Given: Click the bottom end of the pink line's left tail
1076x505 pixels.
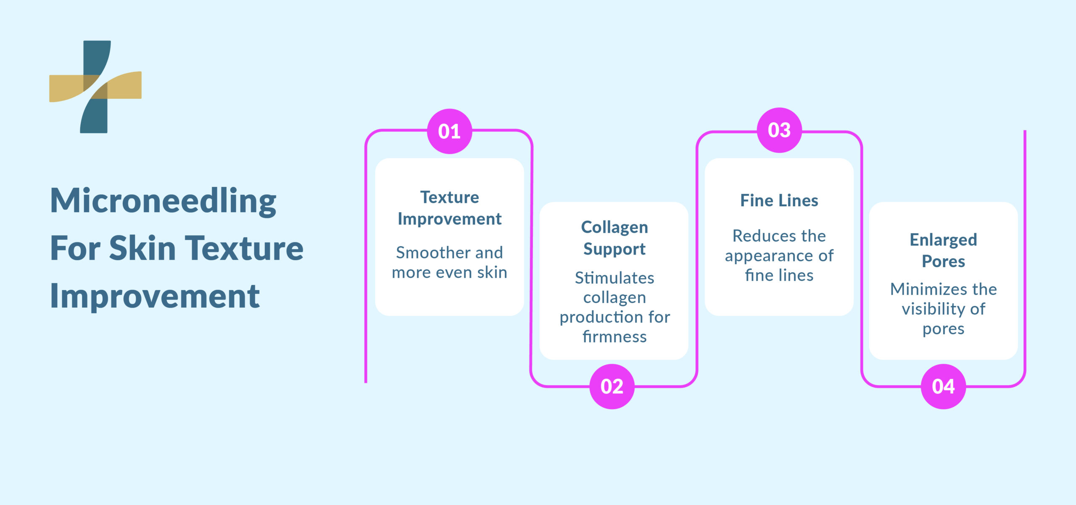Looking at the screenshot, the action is coord(366,382).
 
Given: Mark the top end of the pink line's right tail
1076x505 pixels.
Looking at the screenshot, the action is coord(1025,131).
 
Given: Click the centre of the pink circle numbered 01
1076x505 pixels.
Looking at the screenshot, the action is coord(449,131).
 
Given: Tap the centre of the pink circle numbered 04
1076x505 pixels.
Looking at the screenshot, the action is coord(943,386).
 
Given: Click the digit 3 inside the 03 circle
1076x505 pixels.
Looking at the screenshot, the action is coord(785,130).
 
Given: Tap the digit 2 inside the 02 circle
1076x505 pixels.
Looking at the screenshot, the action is coord(618,387).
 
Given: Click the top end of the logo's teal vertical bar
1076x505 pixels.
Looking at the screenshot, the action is coord(97,41).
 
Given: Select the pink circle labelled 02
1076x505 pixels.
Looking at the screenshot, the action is coord(612,386).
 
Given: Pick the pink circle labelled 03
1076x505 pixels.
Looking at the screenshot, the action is coord(779,130).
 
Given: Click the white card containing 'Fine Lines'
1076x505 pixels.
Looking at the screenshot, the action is coord(779,237).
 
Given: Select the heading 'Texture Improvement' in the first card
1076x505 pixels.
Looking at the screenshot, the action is coord(449,208).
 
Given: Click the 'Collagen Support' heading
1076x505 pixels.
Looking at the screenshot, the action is coord(614,238).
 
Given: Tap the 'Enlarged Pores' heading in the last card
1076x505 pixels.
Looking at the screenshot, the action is coord(943,250).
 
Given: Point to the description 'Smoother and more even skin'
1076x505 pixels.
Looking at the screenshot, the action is coord(449,262).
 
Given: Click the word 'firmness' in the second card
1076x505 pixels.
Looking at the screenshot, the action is coord(614,337).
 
